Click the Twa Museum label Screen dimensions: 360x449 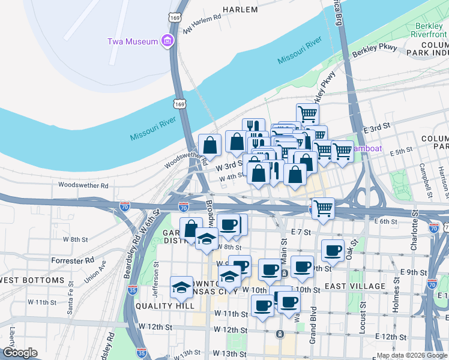coord(132,41)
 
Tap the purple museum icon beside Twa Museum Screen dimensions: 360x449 coord(167,41)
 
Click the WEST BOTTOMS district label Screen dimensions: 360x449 coord(32,281)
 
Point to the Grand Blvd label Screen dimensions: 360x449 coord(313,324)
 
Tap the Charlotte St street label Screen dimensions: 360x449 coord(414,237)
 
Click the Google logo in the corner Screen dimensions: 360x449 coord(20,353)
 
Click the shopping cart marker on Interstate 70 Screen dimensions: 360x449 coord(323,208)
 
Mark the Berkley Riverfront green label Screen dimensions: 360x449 coord(431,31)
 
